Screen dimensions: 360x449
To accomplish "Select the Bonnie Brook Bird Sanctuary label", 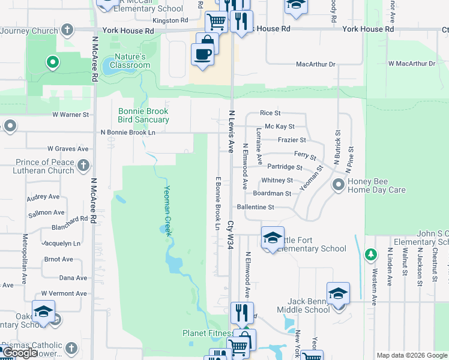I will (143, 115).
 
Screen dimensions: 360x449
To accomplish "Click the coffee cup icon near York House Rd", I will (202, 54).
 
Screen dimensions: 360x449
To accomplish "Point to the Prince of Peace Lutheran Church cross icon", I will (83, 164).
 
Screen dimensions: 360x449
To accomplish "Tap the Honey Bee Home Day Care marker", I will (339, 185).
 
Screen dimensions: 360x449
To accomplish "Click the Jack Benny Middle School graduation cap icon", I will (339, 292).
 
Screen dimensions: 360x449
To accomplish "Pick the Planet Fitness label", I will (208, 333).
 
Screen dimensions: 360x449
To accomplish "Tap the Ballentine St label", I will (255, 207).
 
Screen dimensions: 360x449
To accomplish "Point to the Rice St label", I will (270, 113).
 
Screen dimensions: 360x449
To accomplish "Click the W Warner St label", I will (70, 114).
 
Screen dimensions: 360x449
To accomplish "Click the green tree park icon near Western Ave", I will (370, 255).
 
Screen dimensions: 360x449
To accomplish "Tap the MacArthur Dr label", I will (315, 64).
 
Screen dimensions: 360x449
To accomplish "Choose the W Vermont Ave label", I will (64, 293).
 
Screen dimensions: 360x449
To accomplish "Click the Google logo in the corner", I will (20, 353).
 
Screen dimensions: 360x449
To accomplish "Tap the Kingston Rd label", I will (170, 20).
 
